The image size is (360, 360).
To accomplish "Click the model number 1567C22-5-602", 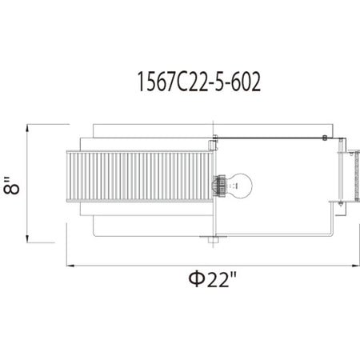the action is coord(199,82).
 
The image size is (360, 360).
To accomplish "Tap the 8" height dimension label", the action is coord(10,185).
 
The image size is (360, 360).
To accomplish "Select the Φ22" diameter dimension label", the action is coord(213,279).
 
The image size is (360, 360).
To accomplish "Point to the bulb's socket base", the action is coord(219,186).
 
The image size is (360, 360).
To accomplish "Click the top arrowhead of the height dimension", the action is coord(27,128).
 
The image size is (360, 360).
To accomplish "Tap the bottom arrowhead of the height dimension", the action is coord(27,238).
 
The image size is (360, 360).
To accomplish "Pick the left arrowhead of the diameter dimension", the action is coord(70,266).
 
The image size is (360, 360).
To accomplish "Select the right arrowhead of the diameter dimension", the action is coord(356,266).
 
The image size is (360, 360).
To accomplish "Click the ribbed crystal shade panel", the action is coord(140,176).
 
